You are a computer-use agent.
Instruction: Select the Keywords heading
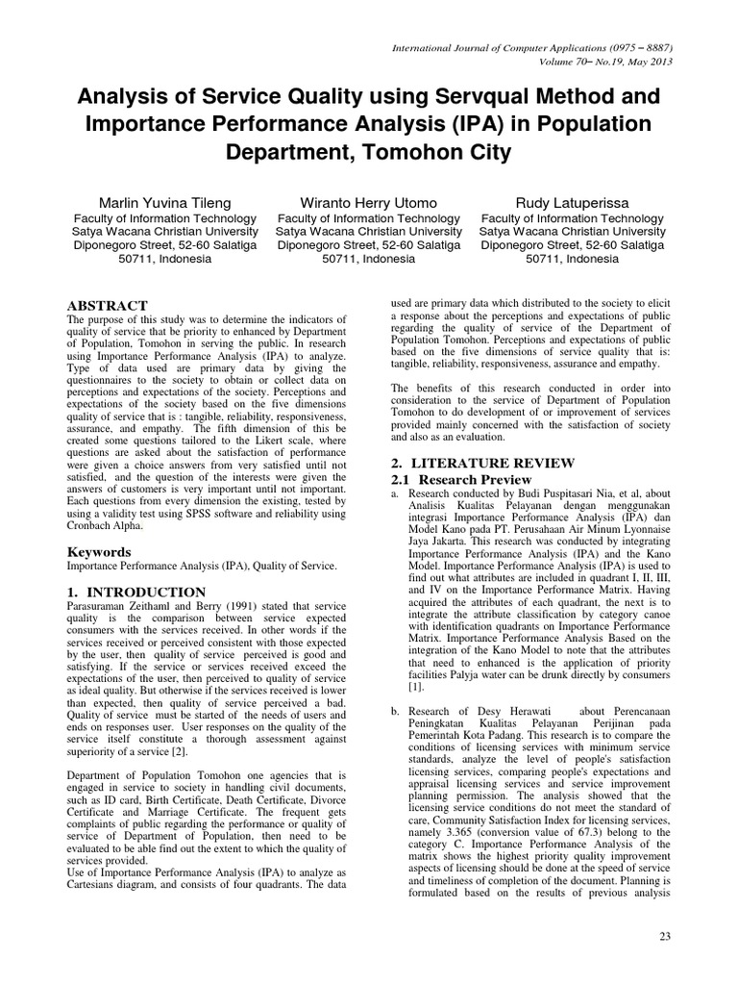[98, 552]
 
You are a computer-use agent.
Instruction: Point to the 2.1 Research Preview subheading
[460, 479]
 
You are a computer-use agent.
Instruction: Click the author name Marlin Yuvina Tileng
[164, 203]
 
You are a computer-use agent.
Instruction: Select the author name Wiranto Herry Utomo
[368, 203]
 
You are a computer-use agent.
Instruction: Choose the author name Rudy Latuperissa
[573, 203]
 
